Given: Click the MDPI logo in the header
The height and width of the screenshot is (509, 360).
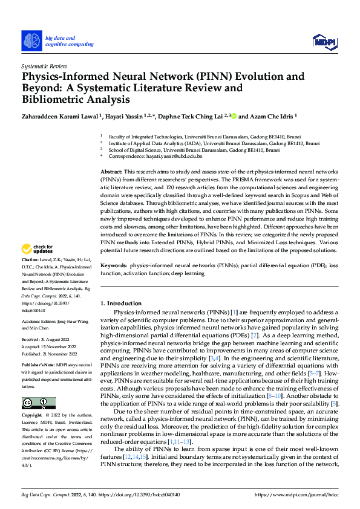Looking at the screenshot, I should [x=324, y=41].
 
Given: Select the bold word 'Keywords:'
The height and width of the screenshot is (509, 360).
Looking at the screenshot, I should [x=114, y=265].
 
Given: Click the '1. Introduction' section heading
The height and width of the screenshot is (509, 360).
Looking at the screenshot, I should [x=120, y=303].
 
